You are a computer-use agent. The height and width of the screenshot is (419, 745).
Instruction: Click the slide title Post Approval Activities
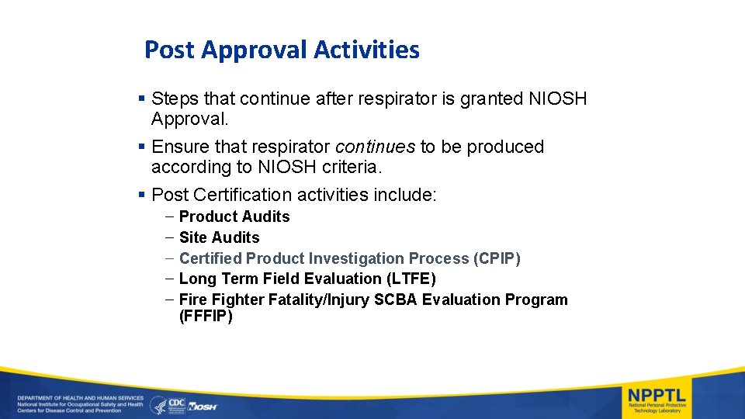pos(282,50)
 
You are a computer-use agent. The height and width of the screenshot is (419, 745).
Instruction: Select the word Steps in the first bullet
pos(175,99)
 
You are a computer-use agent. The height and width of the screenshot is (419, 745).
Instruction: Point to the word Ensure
pos(179,147)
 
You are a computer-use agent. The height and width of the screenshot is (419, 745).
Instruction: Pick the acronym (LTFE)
pos(411,279)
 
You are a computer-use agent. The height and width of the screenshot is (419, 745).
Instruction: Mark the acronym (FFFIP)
pos(206,317)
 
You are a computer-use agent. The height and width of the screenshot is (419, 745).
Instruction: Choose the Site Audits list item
pos(219,237)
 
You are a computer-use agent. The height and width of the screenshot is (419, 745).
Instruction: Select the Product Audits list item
pos(234,216)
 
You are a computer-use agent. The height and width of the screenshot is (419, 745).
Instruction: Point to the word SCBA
pos(395,300)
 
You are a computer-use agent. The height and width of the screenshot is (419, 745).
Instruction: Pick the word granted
pos(493,99)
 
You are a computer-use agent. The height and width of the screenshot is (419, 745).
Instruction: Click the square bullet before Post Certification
pos(140,194)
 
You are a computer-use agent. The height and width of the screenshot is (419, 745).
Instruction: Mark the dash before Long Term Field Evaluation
pos(169,279)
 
